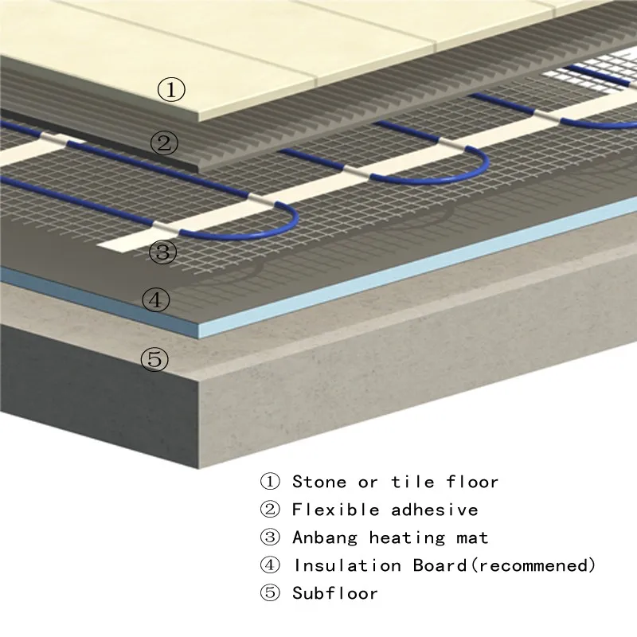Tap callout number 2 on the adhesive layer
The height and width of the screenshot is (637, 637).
[165, 144]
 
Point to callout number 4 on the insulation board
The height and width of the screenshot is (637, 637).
[156, 300]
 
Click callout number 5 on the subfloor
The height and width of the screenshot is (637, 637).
[155, 359]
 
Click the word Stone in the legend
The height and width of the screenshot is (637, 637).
[319, 482]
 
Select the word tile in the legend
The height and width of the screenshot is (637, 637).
[411, 482]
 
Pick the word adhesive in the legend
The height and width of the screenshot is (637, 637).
[435, 510]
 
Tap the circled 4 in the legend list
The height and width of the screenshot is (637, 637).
[270, 566]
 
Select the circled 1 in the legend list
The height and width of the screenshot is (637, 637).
[270, 482]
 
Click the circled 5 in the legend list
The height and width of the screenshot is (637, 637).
[270, 593]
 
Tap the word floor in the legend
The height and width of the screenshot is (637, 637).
[472, 482]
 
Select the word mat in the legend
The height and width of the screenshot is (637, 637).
[471, 538]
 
